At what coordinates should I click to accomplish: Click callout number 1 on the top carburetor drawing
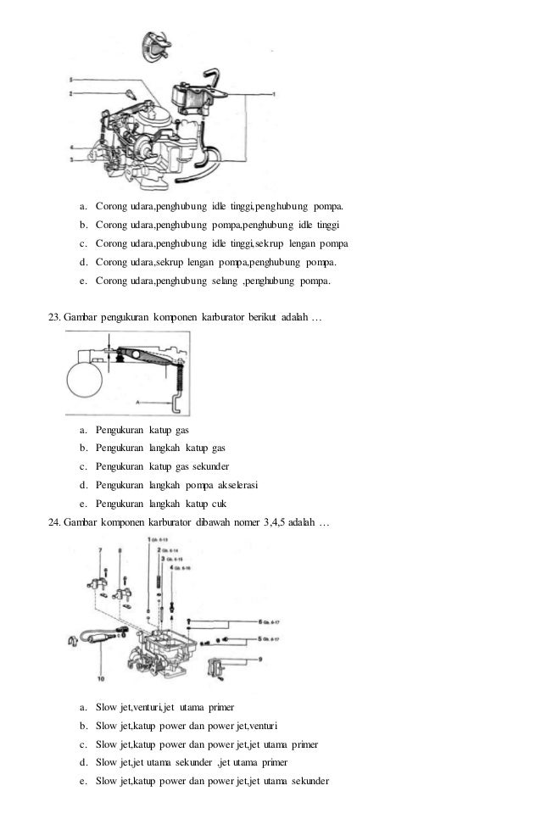pos(273,92)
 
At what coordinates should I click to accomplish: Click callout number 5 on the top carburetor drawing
pos(71,80)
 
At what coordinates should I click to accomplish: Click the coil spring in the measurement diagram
pos(179,386)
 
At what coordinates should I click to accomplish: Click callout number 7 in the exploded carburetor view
pos(99,550)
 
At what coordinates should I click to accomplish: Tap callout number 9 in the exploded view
pos(261,658)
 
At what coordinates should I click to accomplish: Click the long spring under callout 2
pos(161,581)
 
